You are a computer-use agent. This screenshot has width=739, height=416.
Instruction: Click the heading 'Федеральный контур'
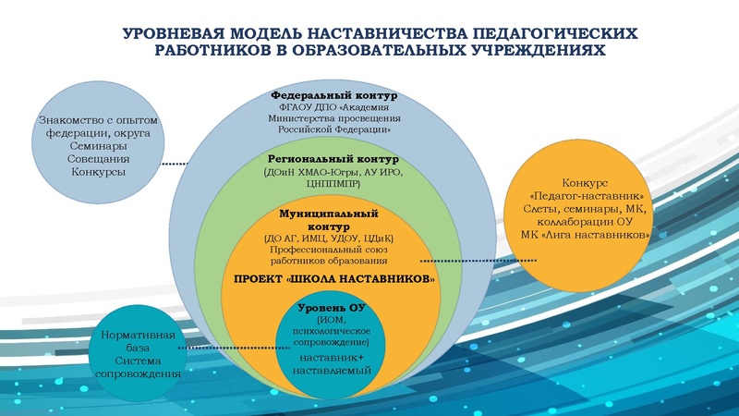[x=333, y=95]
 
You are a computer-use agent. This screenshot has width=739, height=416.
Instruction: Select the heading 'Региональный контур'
[x=333, y=158]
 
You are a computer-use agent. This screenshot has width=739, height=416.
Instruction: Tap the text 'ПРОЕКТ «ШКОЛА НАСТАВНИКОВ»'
[x=333, y=278]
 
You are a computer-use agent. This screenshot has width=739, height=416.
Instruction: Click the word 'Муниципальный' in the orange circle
[x=333, y=213]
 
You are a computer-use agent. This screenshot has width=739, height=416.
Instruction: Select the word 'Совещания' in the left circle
[x=99, y=159]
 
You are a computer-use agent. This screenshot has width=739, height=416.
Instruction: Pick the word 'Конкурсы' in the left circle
[x=99, y=172]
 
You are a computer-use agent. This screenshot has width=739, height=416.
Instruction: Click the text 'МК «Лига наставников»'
[x=589, y=236]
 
